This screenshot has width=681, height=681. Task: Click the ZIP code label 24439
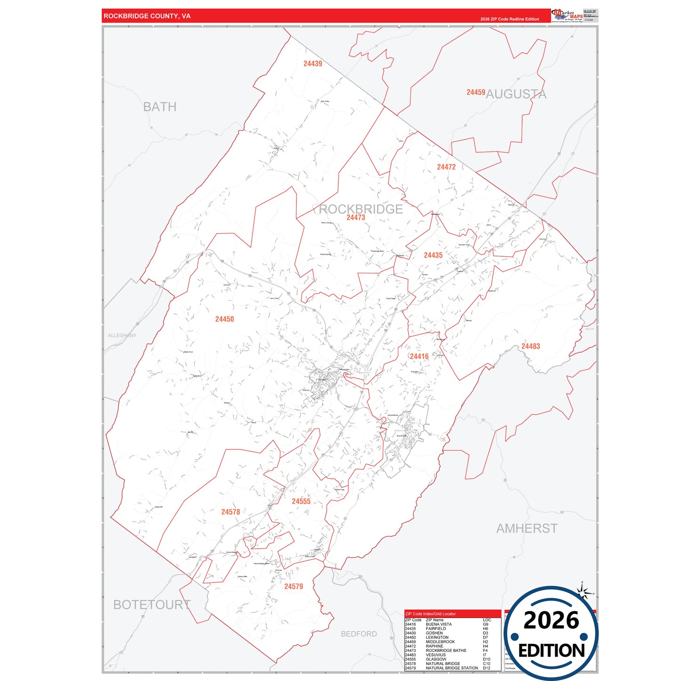[312, 64]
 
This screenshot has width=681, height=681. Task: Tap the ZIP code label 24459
[476, 92]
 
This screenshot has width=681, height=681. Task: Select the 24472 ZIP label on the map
[446, 167]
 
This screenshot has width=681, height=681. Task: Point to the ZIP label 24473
[355, 217]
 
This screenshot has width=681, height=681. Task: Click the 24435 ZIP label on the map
[433, 255]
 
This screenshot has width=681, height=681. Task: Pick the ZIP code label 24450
[224, 319]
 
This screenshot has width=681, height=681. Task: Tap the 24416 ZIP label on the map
[419, 356]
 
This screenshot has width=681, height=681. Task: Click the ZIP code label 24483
[530, 346]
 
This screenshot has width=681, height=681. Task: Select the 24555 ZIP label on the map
[301, 501]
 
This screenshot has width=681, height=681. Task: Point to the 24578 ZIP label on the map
[230, 512]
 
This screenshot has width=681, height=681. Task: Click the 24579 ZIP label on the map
[293, 586]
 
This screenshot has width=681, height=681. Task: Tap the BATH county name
[160, 107]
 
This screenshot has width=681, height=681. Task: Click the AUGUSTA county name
[516, 94]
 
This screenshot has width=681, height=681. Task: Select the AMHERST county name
[526, 528]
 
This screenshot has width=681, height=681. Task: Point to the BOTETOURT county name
[152, 605]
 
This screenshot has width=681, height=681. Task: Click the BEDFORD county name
[359, 634]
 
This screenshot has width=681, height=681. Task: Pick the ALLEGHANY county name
[122, 336]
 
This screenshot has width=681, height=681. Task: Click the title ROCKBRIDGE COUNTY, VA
[147, 16]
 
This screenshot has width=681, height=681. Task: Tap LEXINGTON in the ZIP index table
[437, 637]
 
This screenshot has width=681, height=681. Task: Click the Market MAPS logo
[567, 16]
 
